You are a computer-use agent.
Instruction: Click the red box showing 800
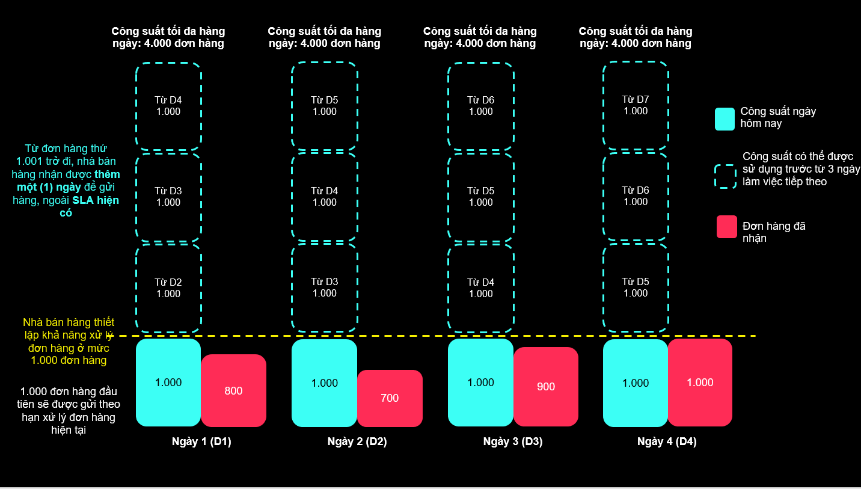tap(233, 390)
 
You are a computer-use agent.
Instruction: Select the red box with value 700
tap(390, 398)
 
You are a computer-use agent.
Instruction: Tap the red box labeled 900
tap(545, 386)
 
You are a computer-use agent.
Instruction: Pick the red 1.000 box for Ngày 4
tap(700, 383)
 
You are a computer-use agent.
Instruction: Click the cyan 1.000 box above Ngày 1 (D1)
tap(168, 383)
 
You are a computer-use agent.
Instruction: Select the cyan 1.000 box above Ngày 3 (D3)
tap(480, 383)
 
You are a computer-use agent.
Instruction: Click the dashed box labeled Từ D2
tap(168, 288)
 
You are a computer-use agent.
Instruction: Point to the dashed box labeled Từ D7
tap(636, 105)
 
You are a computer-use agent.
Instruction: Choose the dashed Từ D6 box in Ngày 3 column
tap(480, 106)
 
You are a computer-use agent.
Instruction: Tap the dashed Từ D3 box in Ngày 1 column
tap(168, 197)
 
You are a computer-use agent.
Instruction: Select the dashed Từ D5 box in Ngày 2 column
tap(325, 106)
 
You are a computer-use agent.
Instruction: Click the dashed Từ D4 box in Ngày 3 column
tap(480, 288)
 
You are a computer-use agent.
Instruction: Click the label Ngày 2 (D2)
tap(357, 441)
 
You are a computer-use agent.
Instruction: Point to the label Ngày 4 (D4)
tap(667, 441)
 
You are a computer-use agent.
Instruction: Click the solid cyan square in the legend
tap(725, 118)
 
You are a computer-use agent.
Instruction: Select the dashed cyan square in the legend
tap(725, 176)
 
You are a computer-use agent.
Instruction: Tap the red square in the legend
tap(726, 227)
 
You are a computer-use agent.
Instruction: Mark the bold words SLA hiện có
tap(96, 201)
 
